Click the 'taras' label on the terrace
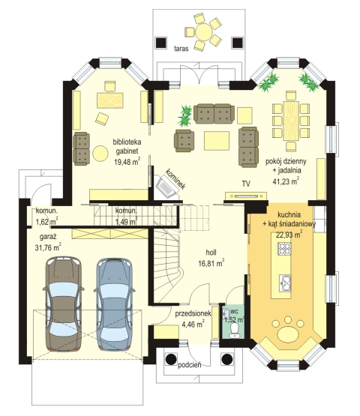(181, 49)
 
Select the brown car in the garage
(63, 304)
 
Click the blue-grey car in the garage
(115, 304)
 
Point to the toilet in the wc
(235, 331)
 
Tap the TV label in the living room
(246, 184)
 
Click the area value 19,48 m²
(127, 161)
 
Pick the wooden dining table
(291, 121)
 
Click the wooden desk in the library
(110, 100)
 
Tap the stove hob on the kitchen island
(284, 249)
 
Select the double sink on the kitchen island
(285, 283)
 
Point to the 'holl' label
(211, 253)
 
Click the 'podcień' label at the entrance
(190, 365)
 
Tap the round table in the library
(100, 154)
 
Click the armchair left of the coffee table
(184, 141)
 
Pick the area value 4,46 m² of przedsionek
(193, 325)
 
